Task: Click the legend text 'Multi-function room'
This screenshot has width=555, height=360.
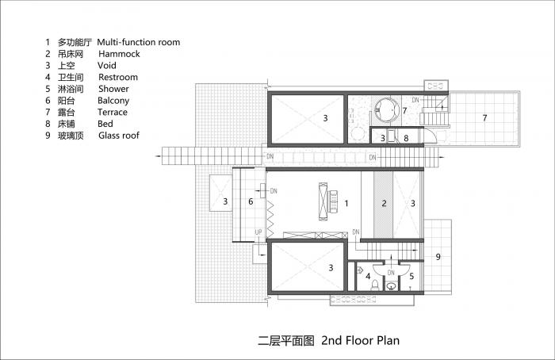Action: coord(138,42)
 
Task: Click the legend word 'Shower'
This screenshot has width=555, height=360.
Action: coord(113,89)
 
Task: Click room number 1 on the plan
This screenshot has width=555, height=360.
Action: coord(346,204)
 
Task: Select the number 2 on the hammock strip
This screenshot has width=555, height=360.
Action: coord(384,204)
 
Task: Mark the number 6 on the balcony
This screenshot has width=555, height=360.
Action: coord(251,202)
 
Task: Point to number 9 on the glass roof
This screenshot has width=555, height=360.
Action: coord(438,256)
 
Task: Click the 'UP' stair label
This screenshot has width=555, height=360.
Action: coord(258,232)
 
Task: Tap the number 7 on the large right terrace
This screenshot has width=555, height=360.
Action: coord(484,118)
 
